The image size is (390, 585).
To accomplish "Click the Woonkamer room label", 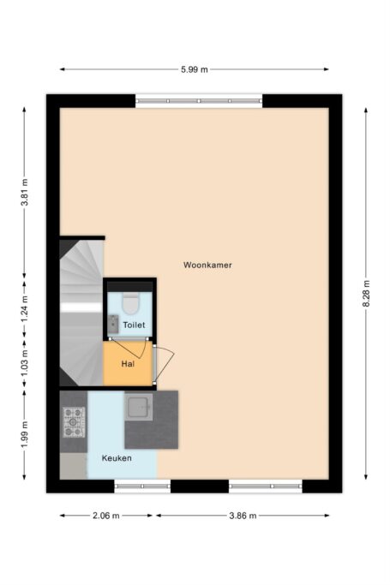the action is pos(207,265).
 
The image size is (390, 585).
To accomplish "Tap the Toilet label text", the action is pos(134,325).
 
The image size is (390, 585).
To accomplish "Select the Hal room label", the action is pos(128,364).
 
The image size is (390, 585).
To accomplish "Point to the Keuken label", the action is pos(117,458).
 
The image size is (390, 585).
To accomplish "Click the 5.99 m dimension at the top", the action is pos(195,69).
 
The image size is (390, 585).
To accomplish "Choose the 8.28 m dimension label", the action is pos(366,293).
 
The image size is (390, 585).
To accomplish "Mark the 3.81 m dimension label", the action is pos(25,192).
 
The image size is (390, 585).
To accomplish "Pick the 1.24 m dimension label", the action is pos(25,309).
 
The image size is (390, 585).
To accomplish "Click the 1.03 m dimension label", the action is pos(25,362).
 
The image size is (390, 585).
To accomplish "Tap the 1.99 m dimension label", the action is pos(25,434).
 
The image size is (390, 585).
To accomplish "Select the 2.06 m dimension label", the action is pos(106,516).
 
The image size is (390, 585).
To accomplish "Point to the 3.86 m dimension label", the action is pos(243,516).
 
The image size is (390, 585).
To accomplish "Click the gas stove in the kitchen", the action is pos(74,422).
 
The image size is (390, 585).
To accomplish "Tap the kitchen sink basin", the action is pos(139,407).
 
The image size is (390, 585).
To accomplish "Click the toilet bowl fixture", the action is pos(130,303).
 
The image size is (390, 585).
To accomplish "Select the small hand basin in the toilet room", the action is pos(113,325).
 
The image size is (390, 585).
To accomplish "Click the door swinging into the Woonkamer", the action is pos(164,365).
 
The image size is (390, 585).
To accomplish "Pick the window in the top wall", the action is pos(199,101).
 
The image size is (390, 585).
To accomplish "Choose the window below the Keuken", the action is pos(142,487).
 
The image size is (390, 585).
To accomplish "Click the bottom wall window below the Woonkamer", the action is pos(266,487).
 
